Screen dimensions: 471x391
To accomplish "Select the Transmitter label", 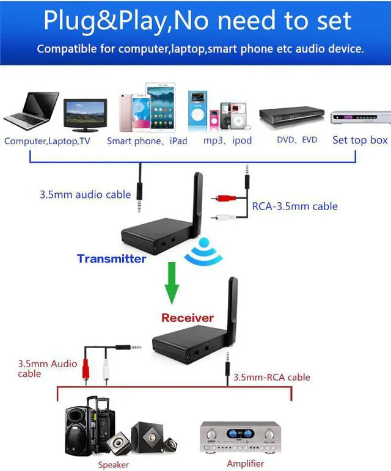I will [x=111, y=258].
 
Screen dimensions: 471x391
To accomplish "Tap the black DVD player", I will [x=291, y=115].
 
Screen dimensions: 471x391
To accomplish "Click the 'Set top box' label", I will [x=360, y=140].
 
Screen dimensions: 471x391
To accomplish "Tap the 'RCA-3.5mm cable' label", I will [x=294, y=206].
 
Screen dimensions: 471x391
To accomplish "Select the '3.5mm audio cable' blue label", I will [x=85, y=194].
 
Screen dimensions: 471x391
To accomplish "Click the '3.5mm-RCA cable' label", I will [x=272, y=377].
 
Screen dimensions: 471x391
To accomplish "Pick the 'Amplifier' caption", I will [x=245, y=464].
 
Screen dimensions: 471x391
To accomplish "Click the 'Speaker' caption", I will [x=114, y=465].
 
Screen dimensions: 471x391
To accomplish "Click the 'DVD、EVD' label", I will [x=297, y=140].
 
